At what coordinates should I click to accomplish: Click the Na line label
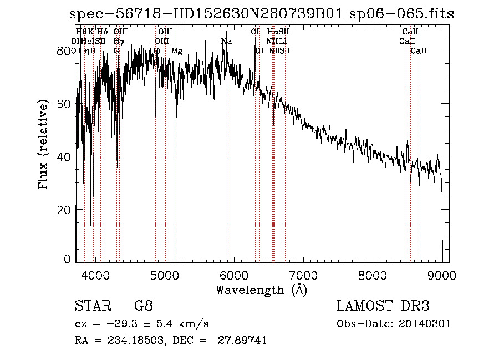click(x=226, y=42)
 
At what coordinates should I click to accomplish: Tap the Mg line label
click(x=177, y=51)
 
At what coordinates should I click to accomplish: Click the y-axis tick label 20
click(x=65, y=210)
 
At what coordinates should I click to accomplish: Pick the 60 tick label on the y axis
click(x=65, y=104)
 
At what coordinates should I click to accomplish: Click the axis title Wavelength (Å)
click(x=261, y=290)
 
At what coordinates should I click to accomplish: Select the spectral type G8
click(x=144, y=306)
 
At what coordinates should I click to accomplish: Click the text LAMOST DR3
click(x=383, y=306)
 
